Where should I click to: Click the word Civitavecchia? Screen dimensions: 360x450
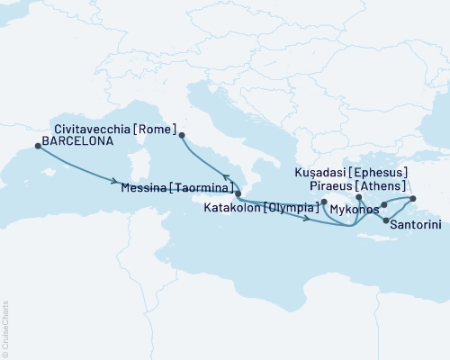click(95, 129)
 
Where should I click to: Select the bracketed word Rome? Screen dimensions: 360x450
click(157, 129)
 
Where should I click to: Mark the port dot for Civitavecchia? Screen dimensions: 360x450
click(183, 136)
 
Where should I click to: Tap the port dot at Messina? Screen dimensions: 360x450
click(238, 193)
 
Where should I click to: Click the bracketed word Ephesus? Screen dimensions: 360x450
click(382, 171)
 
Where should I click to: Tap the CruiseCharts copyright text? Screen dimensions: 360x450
click(5, 329)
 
